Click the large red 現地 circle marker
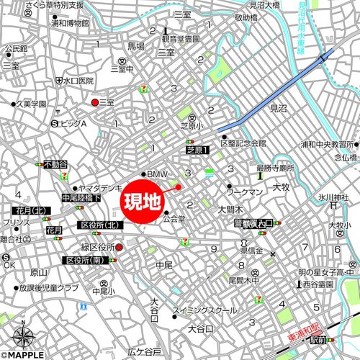tap(143, 201)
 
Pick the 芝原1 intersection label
tap(196, 150)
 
